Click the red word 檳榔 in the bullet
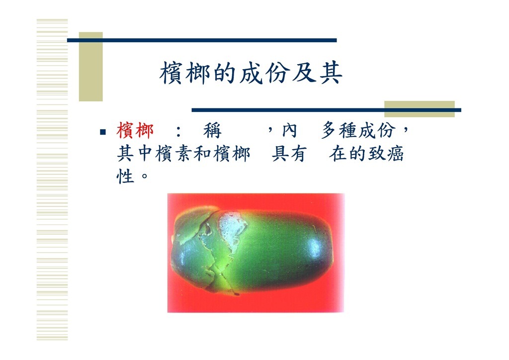(x=135, y=130)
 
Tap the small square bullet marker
(x=103, y=132)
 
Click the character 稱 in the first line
(x=212, y=131)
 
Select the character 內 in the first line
(x=289, y=130)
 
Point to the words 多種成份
(x=359, y=130)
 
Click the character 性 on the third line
(x=125, y=176)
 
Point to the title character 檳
(x=171, y=73)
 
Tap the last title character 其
(x=331, y=73)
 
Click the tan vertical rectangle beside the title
(x=91, y=67)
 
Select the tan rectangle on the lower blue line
(x=420, y=109)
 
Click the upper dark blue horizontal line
(x=202, y=40)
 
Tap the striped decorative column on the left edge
(x=52, y=180)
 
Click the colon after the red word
(x=178, y=132)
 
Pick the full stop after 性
(x=145, y=176)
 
